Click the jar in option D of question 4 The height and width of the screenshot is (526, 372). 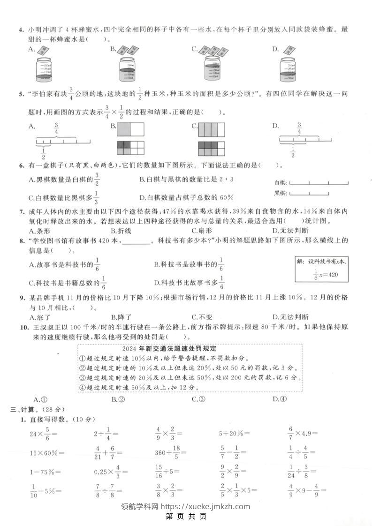click(x=290, y=69)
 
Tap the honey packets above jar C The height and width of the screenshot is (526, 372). click(x=211, y=50)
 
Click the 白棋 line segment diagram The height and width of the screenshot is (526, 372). click(x=319, y=183)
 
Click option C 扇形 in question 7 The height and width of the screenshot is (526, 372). click(x=202, y=231)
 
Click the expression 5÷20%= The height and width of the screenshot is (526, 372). click(x=235, y=434)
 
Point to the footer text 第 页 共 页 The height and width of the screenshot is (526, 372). click(x=186, y=516)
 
